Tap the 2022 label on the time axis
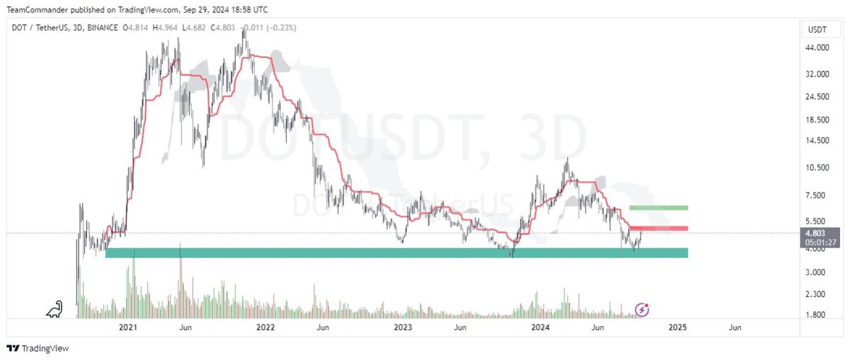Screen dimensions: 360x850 coord(266,327)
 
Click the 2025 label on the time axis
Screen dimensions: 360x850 coord(678,327)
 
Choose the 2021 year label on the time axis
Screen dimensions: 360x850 coord(128,327)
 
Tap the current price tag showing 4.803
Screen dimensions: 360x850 coord(816,232)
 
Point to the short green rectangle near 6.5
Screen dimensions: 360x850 coord(658,208)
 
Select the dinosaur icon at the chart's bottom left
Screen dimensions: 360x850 coord(54,309)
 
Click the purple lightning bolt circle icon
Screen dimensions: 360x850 coord(642,309)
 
